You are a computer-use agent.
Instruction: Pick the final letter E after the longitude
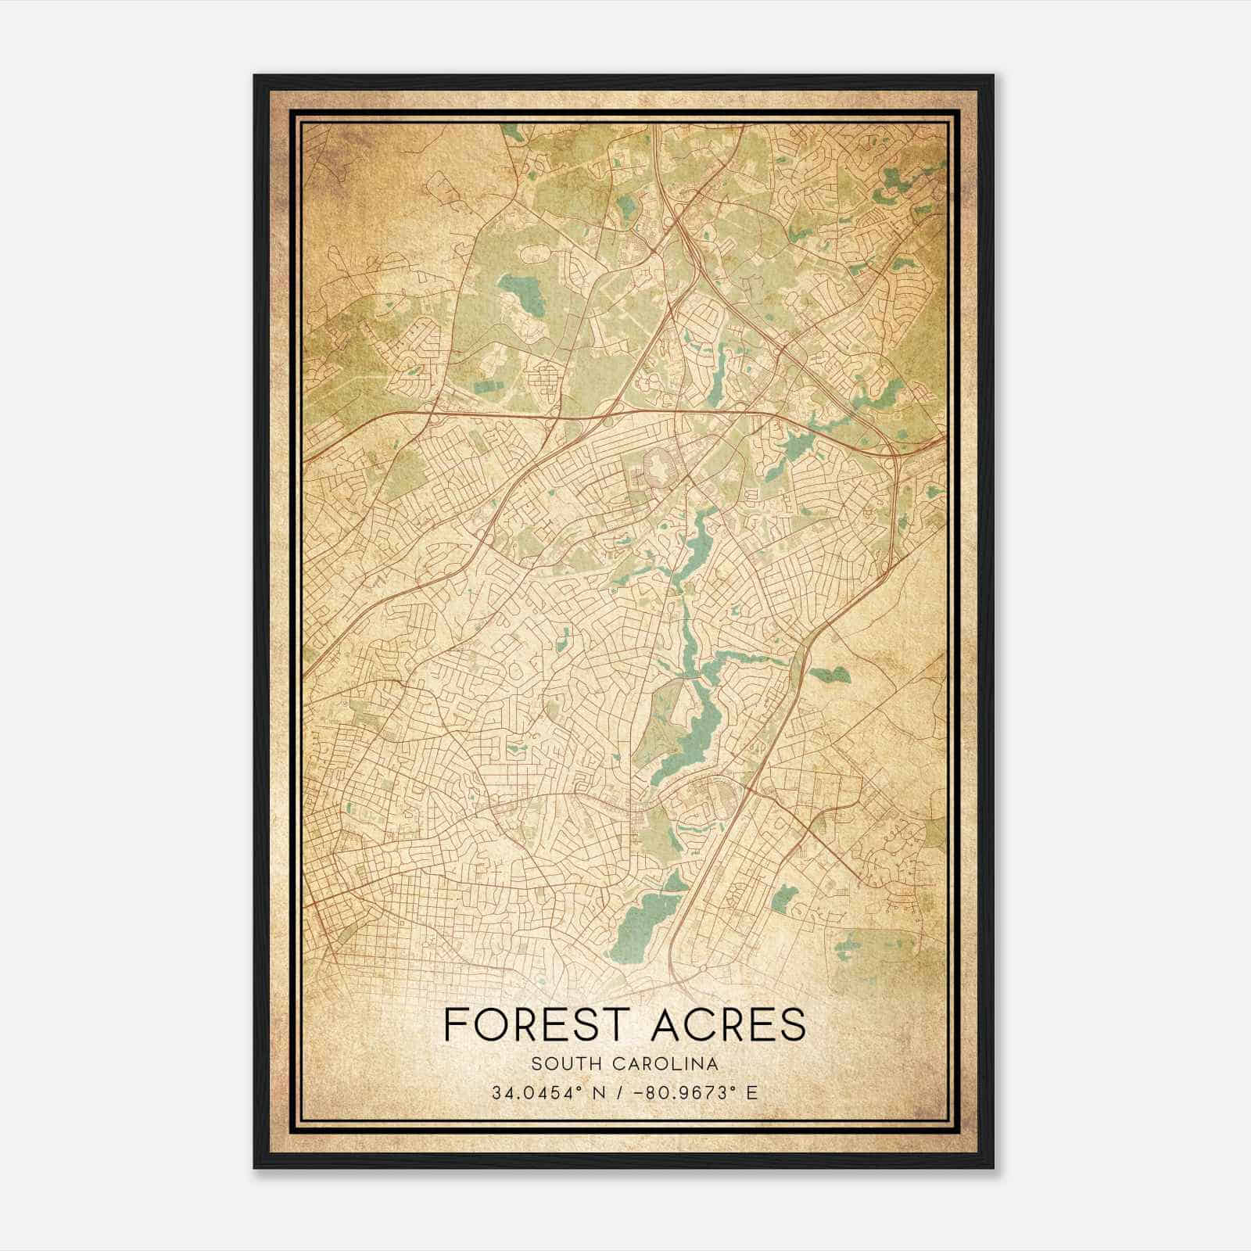pos(752,1092)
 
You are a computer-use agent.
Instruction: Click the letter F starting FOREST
pos(454,1024)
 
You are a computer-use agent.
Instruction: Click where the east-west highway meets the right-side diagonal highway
pos(891,451)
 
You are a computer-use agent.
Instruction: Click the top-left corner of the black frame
pos(256,77)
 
